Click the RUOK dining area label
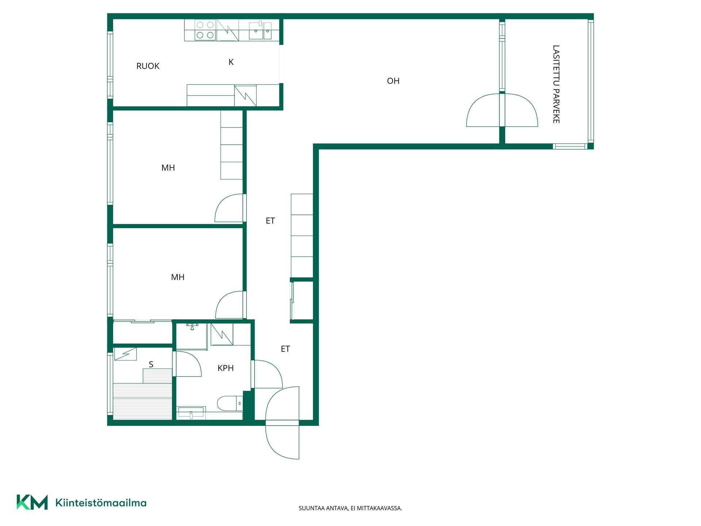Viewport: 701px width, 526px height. [148, 66]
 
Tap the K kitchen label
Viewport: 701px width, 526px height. [231, 62]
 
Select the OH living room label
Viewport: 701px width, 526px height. [393, 81]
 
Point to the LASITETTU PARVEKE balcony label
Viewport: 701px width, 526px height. [556, 84]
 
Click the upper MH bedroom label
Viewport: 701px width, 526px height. [168, 168]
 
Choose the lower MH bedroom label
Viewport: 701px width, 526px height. [178, 277]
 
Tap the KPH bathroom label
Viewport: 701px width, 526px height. [226, 368]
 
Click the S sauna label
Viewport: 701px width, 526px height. [151, 364]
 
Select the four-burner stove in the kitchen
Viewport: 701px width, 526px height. [205, 30]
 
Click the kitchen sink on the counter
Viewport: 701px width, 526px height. [260, 30]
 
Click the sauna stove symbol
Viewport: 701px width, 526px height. [125, 354]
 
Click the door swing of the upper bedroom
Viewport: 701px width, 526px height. [229, 208]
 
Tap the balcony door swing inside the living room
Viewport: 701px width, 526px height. [483, 110]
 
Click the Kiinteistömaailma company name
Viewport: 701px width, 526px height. [101, 503]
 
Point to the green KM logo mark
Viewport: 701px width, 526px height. [32, 502]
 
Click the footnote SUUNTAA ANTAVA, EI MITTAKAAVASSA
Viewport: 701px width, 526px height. [350, 508]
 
